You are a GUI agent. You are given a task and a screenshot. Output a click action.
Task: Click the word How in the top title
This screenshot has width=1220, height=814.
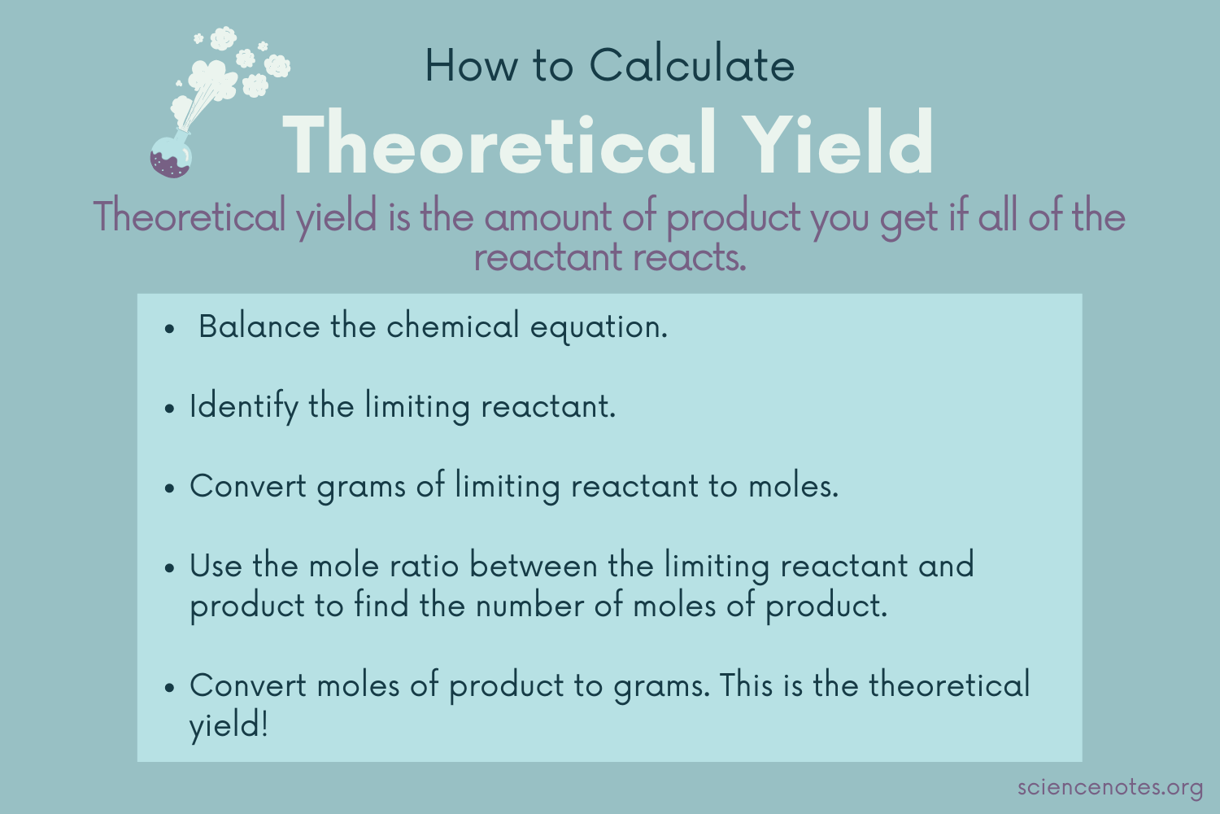tap(470, 65)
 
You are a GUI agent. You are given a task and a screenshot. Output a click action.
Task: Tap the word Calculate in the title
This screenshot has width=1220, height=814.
tap(691, 65)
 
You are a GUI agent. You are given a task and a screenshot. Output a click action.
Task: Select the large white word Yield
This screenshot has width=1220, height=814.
tap(839, 144)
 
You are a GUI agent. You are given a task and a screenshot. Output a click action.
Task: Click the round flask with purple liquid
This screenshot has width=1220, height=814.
tap(171, 156)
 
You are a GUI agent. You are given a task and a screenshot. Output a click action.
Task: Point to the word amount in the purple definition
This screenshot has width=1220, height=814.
tap(549, 217)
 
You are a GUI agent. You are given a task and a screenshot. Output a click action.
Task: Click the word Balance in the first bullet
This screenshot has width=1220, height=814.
tap(259, 327)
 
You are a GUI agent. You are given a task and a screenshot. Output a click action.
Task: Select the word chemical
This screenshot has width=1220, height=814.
tap(452, 327)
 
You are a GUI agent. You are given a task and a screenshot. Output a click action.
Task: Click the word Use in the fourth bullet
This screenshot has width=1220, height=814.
tap(216, 566)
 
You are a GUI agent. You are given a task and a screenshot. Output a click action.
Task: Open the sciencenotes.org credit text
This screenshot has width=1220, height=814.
tap(1109, 788)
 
